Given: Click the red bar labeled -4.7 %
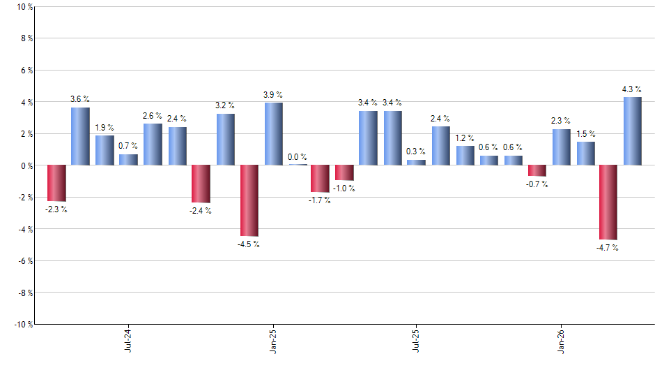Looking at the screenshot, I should [608, 202].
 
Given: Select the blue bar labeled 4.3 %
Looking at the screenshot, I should [633, 131].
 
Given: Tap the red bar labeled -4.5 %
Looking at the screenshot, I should [249, 201].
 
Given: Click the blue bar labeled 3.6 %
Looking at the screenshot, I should [80, 136].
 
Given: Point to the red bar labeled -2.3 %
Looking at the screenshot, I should [56, 183].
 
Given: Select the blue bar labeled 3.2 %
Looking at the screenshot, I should [225, 140].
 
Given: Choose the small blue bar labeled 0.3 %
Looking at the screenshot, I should [416, 163].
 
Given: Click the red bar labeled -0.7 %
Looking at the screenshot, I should [537, 171].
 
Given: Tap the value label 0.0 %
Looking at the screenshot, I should [298, 157].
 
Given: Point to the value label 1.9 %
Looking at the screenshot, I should [105, 128].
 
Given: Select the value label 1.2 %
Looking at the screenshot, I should [465, 138].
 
